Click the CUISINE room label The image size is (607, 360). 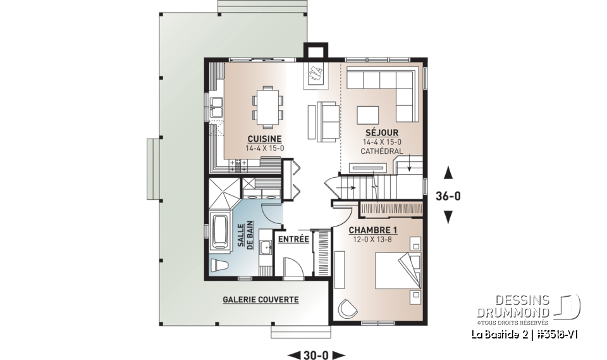pyautogui.click(x=264, y=139)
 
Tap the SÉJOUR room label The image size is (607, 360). pyautogui.click(x=376, y=133)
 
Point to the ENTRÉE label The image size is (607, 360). pyautogui.click(x=293, y=239)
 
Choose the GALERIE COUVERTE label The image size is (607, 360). pyautogui.click(x=260, y=299)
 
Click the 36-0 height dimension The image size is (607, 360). pyautogui.click(x=448, y=196)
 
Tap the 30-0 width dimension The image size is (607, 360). pyautogui.click(x=316, y=354)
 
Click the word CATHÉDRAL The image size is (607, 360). pyautogui.click(x=381, y=152)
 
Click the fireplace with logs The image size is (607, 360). pyautogui.click(x=316, y=75)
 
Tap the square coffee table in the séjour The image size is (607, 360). pyautogui.click(x=368, y=115)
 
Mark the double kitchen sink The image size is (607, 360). pyautogui.click(x=216, y=109)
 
